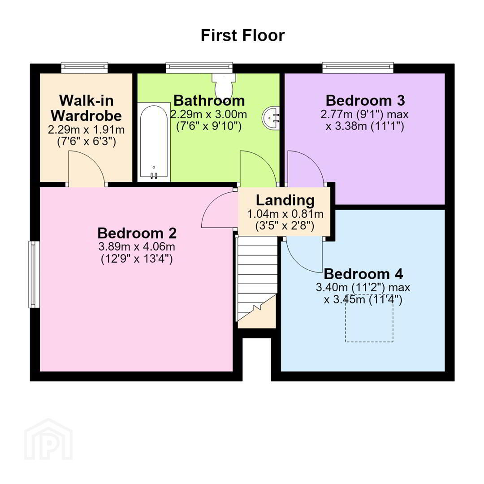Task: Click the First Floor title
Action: coord(242,35)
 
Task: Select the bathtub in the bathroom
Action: coord(154,142)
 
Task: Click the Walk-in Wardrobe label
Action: coord(86,108)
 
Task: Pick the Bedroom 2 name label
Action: coord(137,233)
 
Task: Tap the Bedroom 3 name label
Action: coord(365,101)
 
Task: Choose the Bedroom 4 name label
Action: coord(363,274)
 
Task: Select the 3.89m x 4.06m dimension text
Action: coord(137,246)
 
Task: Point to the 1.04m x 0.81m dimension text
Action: coord(285,214)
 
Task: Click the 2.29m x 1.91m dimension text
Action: coord(86,130)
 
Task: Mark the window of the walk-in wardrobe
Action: coord(85,67)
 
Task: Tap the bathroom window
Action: coord(199,67)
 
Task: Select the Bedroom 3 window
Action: coord(358,67)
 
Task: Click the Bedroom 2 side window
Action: coord(34,274)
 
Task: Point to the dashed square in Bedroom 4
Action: coord(369,318)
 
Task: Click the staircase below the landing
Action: coord(256,281)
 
